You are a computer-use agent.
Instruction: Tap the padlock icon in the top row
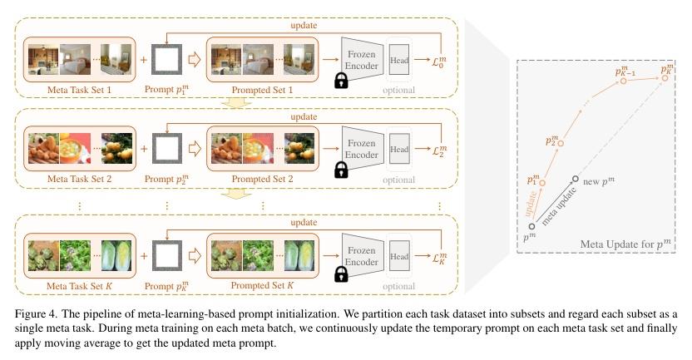[339, 81]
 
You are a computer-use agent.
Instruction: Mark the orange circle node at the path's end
[663, 80]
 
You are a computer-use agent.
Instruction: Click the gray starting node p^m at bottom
[531, 224]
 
